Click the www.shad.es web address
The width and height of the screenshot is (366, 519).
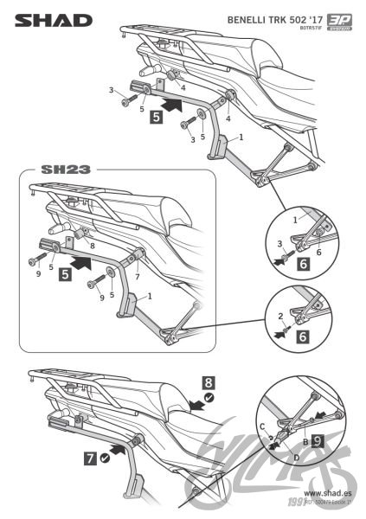(x=326, y=490)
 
